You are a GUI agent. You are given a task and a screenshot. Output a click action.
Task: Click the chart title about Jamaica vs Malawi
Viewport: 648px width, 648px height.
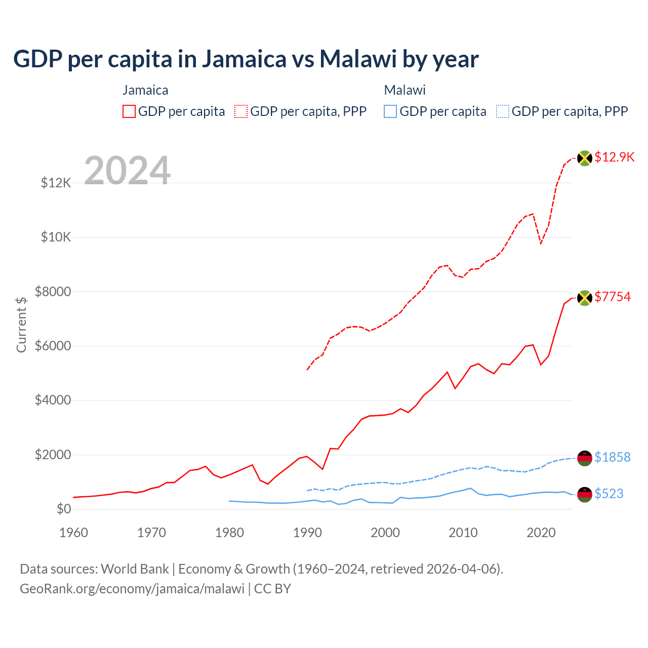click(246, 59)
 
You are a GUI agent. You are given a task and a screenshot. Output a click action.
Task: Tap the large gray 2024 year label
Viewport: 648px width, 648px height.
click(127, 171)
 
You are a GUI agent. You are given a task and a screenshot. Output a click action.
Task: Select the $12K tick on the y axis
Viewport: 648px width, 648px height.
click(56, 183)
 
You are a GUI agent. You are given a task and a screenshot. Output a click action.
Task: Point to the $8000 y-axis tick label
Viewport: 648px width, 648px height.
click(53, 292)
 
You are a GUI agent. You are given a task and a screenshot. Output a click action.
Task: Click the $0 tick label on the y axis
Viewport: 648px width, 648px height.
click(63, 509)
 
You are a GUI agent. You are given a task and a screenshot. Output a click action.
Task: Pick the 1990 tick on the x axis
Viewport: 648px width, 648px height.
click(307, 533)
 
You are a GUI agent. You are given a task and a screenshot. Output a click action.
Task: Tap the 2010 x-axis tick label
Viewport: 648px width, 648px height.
click(463, 533)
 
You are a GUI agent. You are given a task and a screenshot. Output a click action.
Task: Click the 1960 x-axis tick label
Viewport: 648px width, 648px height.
click(74, 533)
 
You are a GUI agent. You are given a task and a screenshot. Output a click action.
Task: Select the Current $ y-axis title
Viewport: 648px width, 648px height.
click(21, 325)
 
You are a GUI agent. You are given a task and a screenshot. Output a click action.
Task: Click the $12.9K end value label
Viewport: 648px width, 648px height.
click(614, 157)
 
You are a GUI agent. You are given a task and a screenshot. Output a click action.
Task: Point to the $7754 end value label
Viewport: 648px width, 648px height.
click(613, 297)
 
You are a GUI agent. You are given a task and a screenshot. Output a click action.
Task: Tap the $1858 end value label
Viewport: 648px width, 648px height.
click(613, 457)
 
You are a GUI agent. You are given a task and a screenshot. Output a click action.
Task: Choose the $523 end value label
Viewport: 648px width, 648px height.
click(609, 494)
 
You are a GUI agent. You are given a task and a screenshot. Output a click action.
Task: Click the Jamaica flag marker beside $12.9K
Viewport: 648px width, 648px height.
click(585, 158)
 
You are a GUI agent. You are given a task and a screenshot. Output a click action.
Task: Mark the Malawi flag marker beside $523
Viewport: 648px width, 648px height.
click(585, 495)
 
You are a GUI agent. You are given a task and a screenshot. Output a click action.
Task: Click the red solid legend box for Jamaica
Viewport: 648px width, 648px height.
click(129, 111)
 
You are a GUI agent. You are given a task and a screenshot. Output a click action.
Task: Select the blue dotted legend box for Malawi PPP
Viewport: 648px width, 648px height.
click(503, 111)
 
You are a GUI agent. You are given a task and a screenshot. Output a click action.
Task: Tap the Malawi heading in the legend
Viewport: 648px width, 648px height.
click(404, 90)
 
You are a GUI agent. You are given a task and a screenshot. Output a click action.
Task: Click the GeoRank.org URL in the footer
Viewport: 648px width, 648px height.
click(132, 589)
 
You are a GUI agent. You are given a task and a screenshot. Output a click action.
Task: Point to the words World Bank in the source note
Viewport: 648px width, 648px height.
click(135, 569)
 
